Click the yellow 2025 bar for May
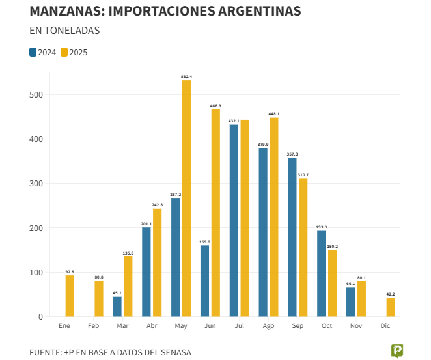coord(186,199)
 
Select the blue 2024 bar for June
coord(204,281)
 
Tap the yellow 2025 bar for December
coord(391,307)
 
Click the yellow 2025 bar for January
coord(70,296)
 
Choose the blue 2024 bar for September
coord(292,238)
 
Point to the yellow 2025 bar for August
coord(274,217)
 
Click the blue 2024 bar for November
coord(350,302)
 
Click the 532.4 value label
coord(186,77)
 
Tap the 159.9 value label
coord(204,242)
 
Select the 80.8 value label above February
coord(99,277)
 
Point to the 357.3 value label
coord(292,154)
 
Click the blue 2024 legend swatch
coord(33,53)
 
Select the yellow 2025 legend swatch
coord(64,53)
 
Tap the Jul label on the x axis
coord(239,325)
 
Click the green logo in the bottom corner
coord(396,351)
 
